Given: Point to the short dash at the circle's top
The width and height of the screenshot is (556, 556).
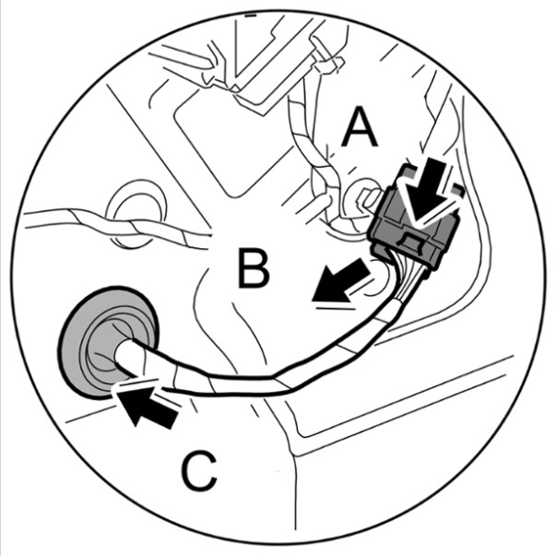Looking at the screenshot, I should click(x=249, y=17).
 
